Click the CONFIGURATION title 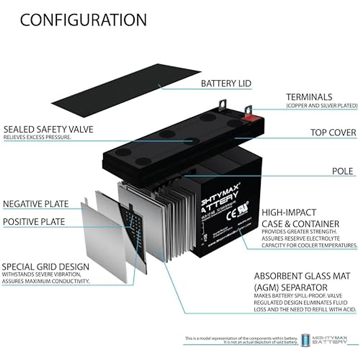point(83,20)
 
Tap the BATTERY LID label point(226,83)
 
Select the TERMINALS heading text point(309,97)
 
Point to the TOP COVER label point(333,133)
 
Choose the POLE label point(342,171)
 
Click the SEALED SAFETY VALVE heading point(48,129)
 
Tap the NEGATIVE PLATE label point(36,204)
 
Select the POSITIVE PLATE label point(34,222)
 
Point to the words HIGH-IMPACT point(289,212)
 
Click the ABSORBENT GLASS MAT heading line point(302,276)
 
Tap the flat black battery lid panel point(126,90)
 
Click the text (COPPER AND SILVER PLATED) point(322,106)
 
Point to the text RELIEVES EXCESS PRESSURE point(37,137)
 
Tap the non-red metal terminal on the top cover point(222,106)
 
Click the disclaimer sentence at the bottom point(241,340)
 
